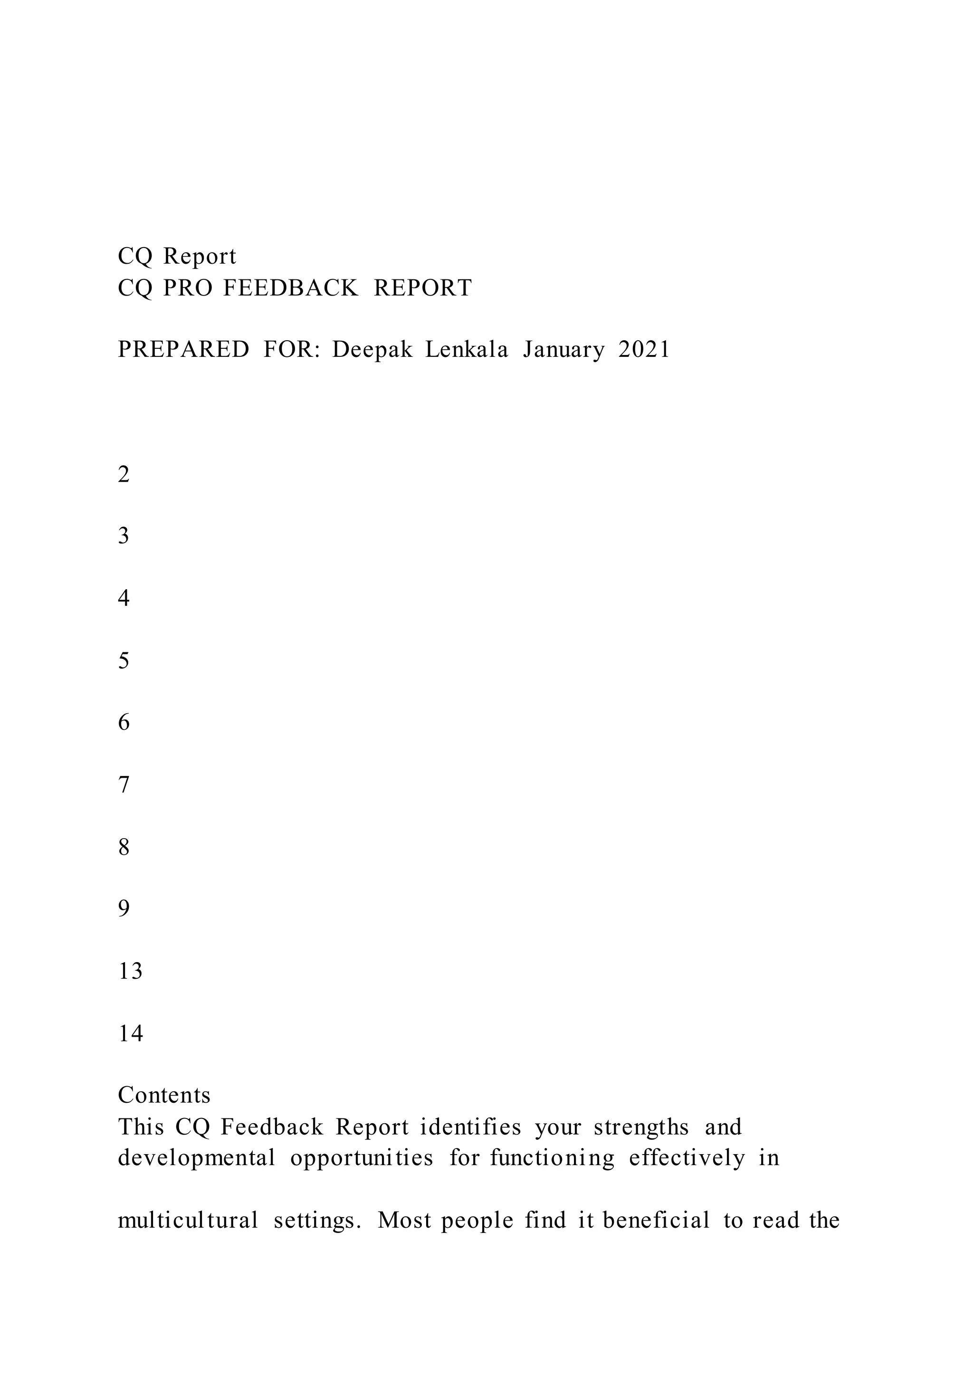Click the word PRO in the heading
pos(188,288)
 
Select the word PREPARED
pos(183,349)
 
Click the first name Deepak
pos(372,349)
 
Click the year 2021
pos(644,349)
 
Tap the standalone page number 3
pos(124,536)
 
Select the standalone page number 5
pos(124,660)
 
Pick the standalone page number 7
pos(124,785)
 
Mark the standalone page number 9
pos(124,909)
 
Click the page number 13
pos(130,972)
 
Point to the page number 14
pos(130,1034)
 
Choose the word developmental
pos(197,1158)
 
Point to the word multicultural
pos(188,1220)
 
